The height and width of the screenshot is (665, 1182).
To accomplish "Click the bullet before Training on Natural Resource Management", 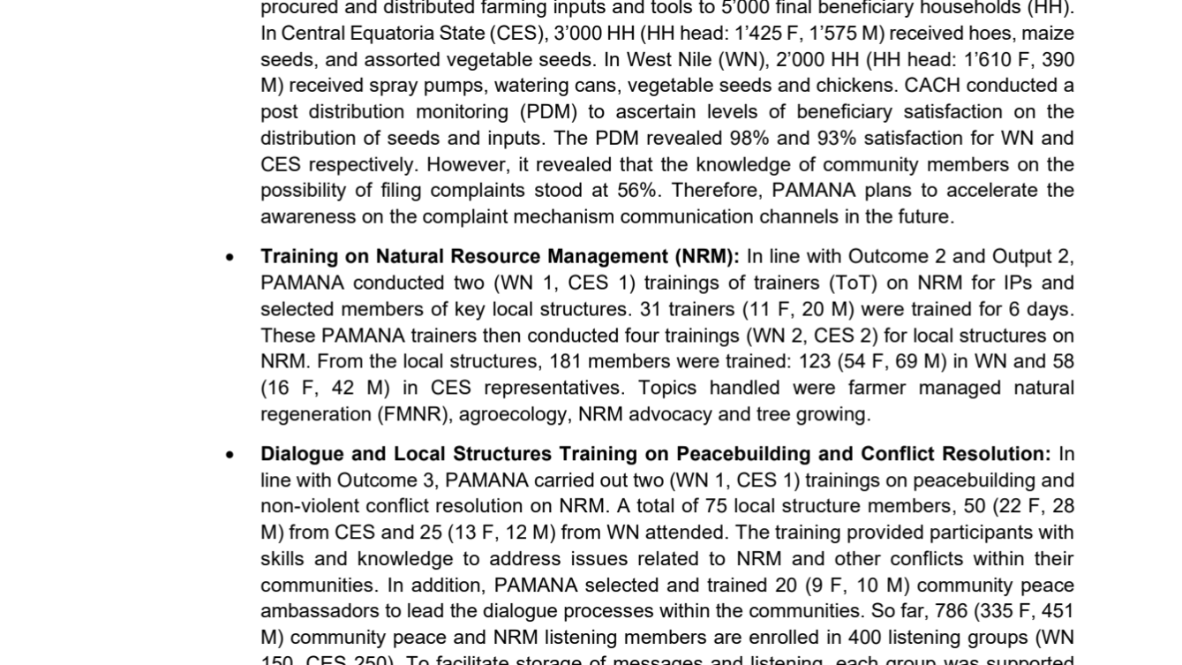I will tap(230, 258).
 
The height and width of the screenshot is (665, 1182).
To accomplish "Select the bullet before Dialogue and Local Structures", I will tap(230, 456).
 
